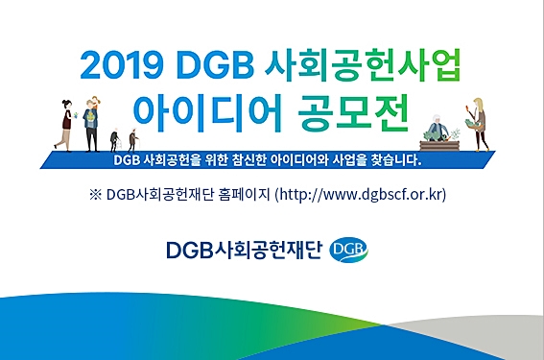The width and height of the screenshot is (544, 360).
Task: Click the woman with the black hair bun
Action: (65, 124)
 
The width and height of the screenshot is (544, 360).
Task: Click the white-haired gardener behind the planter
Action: (437, 128)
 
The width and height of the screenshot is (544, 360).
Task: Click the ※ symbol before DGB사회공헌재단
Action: (94, 195)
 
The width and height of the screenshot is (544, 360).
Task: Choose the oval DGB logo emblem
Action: (347, 251)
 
